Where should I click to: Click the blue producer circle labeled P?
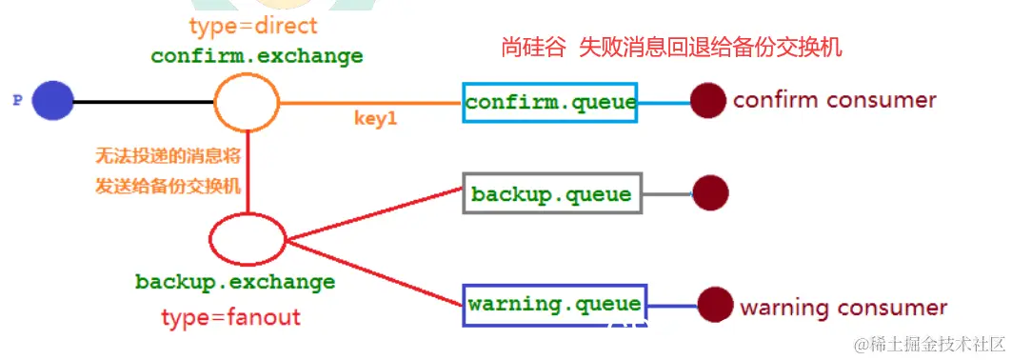(x=52, y=101)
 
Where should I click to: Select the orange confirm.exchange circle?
(x=246, y=101)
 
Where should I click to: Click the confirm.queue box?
(x=551, y=102)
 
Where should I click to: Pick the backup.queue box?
(x=552, y=193)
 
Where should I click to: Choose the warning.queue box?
(x=554, y=305)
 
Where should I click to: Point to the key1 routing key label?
(x=374, y=121)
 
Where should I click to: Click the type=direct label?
(x=253, y=25)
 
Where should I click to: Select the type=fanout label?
(x=231, y=316)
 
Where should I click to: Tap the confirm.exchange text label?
(x=257, y=55)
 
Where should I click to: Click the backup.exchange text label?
(x=235, y=282)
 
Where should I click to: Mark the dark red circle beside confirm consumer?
(x=708, y=101)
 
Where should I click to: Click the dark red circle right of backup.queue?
(x=710, y=193)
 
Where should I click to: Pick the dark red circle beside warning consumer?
(x=715, y=305)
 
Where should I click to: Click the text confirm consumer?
(x=835, y=100)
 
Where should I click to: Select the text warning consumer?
(x=843, y=307)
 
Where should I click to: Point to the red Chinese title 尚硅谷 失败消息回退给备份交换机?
(x=672, y=48)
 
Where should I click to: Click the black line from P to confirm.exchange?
(x=143, y=101)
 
